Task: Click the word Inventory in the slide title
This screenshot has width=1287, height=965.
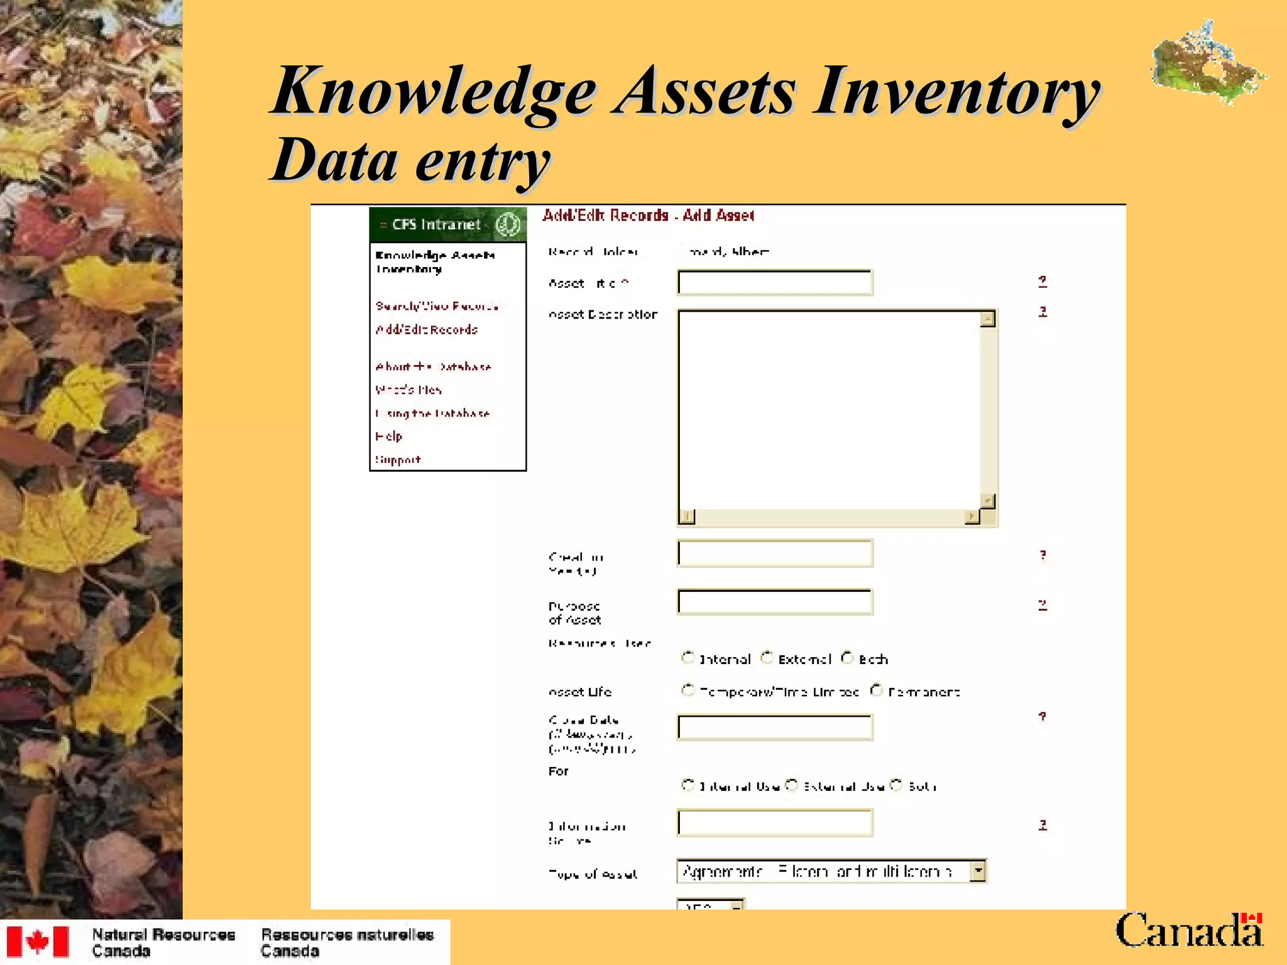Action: (955, 93)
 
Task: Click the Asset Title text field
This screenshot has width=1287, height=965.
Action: (775, 283)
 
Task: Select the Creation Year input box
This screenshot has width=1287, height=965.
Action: (775, 553)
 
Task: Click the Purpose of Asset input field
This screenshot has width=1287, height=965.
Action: (775, 602)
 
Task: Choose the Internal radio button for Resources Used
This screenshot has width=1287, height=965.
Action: (687, 658)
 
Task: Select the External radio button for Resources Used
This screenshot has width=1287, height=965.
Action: (767, 658)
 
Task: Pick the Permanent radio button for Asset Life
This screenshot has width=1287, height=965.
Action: (876, 690)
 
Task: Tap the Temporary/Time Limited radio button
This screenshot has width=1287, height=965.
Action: (687, 690)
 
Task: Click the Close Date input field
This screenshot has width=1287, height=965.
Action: (775, 728)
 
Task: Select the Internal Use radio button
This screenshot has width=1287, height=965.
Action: (687, 785)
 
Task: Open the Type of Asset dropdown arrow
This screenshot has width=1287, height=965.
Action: (978, 871)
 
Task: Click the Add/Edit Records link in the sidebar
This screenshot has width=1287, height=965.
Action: (427, 330)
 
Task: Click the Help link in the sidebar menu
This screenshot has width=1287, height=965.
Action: (388, 436)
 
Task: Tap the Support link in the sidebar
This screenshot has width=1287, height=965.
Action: (398, 460)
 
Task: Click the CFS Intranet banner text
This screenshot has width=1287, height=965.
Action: (436, 225)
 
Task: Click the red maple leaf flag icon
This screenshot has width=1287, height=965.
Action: (38, 942)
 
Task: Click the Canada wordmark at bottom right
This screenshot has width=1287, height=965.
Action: (1188, 931)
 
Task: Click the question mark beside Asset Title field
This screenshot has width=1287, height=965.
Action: (1043, 281)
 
